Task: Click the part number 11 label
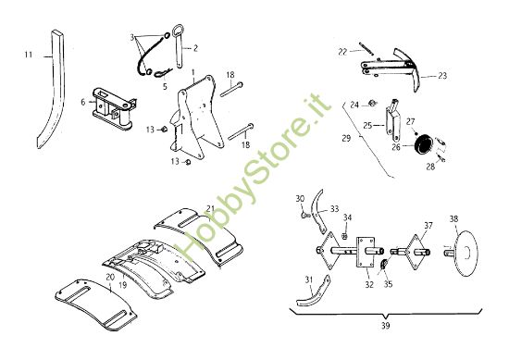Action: [x=29, y=55]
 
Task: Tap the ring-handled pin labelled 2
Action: [x=179, y=45]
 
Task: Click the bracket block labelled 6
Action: [x=114, y=107]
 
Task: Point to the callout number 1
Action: [x=193, y=71]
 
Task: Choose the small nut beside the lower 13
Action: [x=188, y=162]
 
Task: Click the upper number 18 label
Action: [x=230, y=75]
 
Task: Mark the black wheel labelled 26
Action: [x=422, y=143]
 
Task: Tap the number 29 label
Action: [x=346, y=138]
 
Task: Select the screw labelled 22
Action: [x=366, y=49]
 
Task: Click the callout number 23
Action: [x=442, y=76]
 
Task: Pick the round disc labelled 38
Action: [x=465, y=254]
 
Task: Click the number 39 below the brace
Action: [x=385, y=325]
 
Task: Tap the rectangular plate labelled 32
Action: [x=366, y=253]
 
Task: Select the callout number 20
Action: [x=110, y=278]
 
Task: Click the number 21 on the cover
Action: [x=210, y=208]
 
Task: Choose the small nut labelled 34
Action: [x=345, y=236]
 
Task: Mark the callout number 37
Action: [x=428, y=225]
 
